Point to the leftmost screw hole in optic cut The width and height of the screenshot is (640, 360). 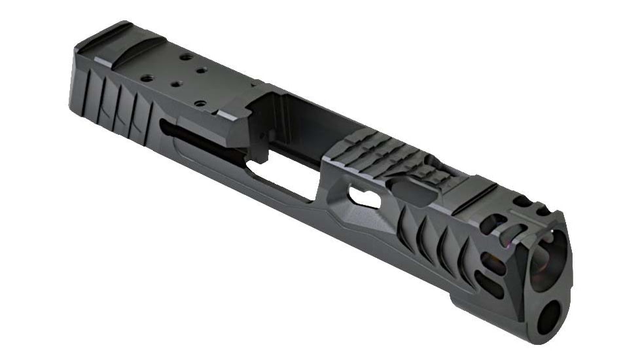click(x=148, y=78)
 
